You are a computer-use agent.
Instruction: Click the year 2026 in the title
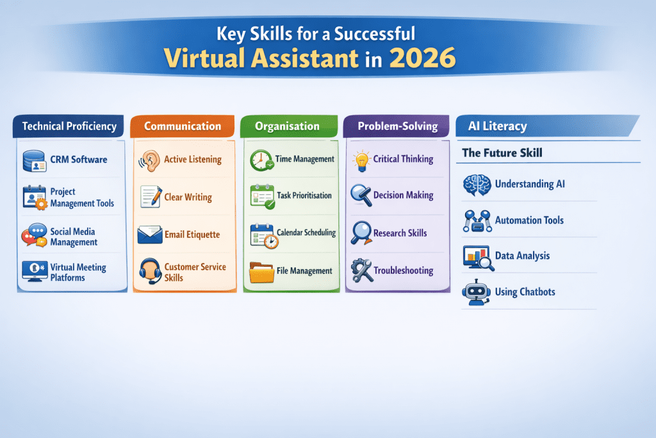point(422,58)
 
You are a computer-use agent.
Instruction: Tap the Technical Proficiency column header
point(69,126)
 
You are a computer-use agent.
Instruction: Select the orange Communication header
point(183,126)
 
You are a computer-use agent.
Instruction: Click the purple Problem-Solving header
point(396,126)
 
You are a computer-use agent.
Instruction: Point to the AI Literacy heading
point(497,126)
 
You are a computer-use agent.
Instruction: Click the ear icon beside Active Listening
point(150,161)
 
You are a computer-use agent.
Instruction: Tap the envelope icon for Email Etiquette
point(150,235)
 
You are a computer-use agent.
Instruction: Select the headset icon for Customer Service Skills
point(150,271)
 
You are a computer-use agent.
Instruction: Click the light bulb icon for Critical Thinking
point(361,161)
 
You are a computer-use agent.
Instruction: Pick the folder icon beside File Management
point(262,273)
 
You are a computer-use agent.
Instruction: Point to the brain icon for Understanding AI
point(477,185)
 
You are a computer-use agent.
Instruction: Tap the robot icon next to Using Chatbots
point(477,292)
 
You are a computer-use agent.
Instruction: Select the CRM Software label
point(79,160)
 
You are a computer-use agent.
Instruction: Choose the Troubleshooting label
point(404,271)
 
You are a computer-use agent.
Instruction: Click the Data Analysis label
point(522,255)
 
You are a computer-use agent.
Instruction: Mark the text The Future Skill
point(502,153)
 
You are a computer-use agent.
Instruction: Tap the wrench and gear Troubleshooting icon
point(361,271)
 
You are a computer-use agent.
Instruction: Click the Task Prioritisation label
point(304,196)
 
